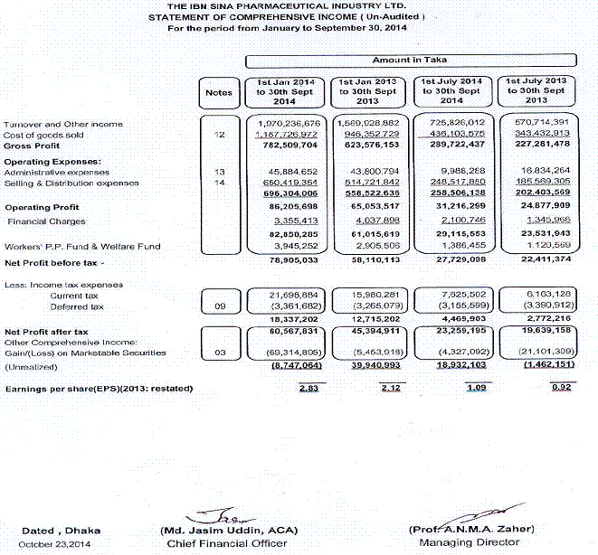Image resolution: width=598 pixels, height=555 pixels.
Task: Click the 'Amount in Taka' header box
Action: (x=412, y=61)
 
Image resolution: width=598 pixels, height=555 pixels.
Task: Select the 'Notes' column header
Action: (x=219, y=91)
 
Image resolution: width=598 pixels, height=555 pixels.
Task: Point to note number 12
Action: (x=219, y=135)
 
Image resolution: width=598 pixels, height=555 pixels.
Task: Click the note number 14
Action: (x=219, y=183)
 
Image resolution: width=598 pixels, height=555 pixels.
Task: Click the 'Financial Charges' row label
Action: (x=46, y=221)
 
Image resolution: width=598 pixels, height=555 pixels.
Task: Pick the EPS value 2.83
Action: (x=310, y=389)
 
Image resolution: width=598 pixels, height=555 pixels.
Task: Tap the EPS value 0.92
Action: (x=561, y=389)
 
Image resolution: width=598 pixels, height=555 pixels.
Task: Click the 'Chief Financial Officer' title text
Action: (x=227, y=543)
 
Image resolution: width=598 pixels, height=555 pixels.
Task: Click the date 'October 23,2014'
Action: (x=56, y=544)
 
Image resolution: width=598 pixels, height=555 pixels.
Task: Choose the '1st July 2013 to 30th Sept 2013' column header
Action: (x=536, y=91)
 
